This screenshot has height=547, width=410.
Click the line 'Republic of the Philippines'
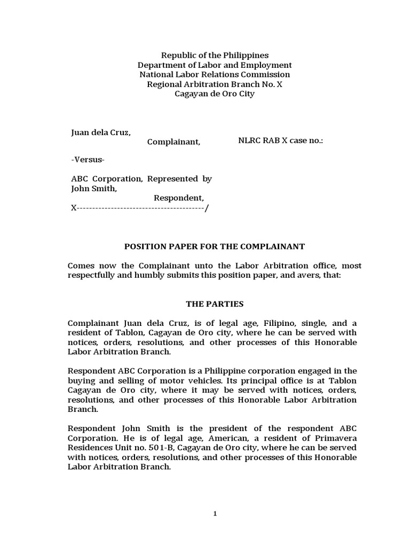click(x=215, y=55)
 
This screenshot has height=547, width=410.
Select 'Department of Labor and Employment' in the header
click(x=215, y=65)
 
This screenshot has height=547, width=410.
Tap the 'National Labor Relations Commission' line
click(x=215, y=74)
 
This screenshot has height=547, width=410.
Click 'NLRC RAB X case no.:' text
click(x=280, y=140)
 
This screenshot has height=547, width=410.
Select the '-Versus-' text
click(x=88, y=160)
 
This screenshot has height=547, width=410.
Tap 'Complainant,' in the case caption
click(x=174, y=142)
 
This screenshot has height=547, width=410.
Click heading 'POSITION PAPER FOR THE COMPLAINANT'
click(x=215, y=246)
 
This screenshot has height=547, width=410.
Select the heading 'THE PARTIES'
click(x=215, y=304)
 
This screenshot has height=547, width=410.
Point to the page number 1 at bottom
click(x=215, y=514)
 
